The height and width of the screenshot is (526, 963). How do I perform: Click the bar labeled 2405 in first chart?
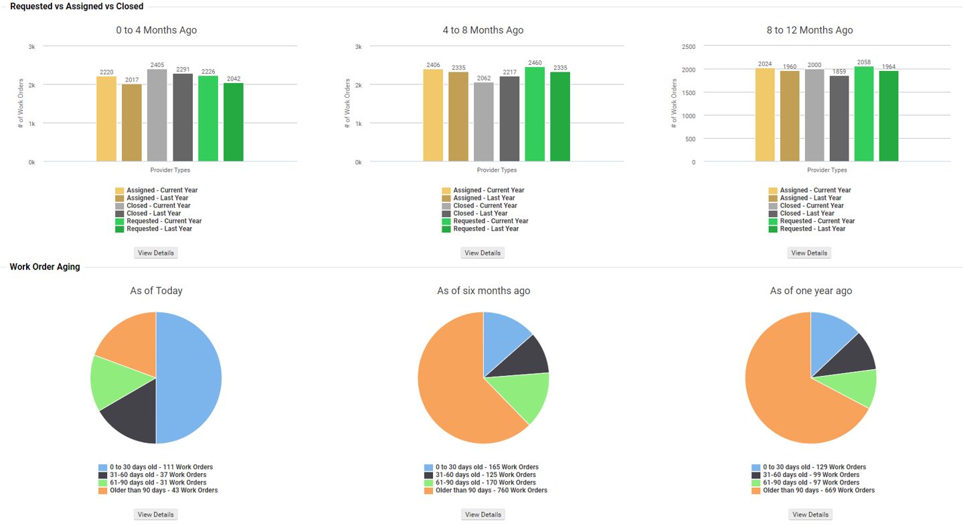point(157,115)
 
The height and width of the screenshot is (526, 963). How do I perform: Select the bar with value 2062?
point(484,122)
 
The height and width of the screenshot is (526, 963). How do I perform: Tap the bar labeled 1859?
point(839,119)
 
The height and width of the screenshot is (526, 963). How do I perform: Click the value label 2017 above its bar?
point(132,80)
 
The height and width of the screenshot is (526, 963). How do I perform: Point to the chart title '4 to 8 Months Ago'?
point(483,30)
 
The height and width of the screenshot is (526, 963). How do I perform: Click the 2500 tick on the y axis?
point(689,47)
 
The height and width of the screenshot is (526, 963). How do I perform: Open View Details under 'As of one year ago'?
point(810,515)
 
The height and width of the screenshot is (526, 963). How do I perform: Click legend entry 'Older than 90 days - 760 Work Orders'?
point(491,490)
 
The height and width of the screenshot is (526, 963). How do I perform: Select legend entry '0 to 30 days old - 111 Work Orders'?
point(161,467)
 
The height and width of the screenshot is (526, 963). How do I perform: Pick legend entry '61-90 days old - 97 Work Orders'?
point(810,482)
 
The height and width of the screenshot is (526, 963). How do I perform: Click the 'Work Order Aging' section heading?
point(45,267)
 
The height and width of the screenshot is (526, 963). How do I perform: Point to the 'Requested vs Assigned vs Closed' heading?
point(76,6)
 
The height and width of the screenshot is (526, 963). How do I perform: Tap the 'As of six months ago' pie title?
point(483,291)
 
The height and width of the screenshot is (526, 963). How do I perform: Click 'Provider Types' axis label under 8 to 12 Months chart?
point(827,170)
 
